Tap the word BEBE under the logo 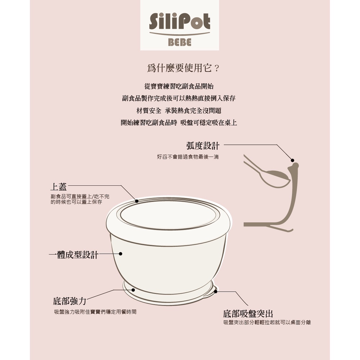click(x=180, y=42)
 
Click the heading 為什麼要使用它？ click(x=183, y=68)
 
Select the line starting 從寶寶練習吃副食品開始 click(x=179, y=86)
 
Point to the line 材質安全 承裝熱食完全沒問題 click(x=179, y=111)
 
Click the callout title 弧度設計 click(x=203, y=146)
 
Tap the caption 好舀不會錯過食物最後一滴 click(x=188, y=157)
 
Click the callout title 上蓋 click(x=59, y=186)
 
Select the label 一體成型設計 click(x=74, y=255)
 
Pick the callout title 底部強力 click(x=69, y=301)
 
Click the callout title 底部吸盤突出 click(x=248, y=314)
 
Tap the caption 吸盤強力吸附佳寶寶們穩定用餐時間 click(x=95, y=312)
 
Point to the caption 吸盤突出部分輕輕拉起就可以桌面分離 click(x=267, y=323)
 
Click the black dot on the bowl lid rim click(x=136, y=201)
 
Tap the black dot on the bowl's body click(x=121, y=254)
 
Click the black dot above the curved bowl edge click(x=292, y=160)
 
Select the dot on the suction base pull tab click(x=215, y=292)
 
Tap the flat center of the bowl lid click(x=168, y=215)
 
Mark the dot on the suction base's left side click(x=133, y=290)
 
